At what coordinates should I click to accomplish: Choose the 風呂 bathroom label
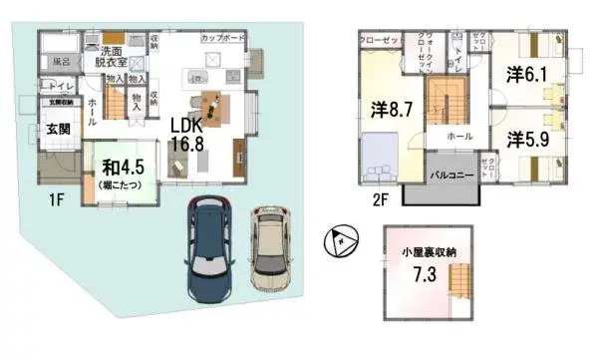point(60,62)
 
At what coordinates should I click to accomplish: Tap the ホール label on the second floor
point(458,136)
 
